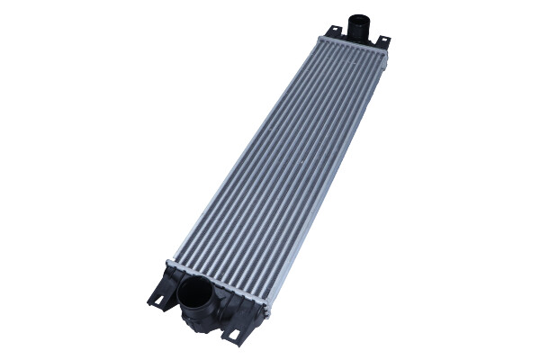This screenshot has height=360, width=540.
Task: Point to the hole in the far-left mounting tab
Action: [335, 31]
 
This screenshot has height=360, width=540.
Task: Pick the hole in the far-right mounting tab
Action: [382, 41]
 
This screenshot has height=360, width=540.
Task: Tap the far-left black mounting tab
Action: [334, 33]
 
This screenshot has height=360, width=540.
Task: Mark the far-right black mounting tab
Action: [382, 43]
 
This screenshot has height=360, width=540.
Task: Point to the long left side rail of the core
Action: [243, 153]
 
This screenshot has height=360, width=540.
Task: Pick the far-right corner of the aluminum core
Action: [387, 56]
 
